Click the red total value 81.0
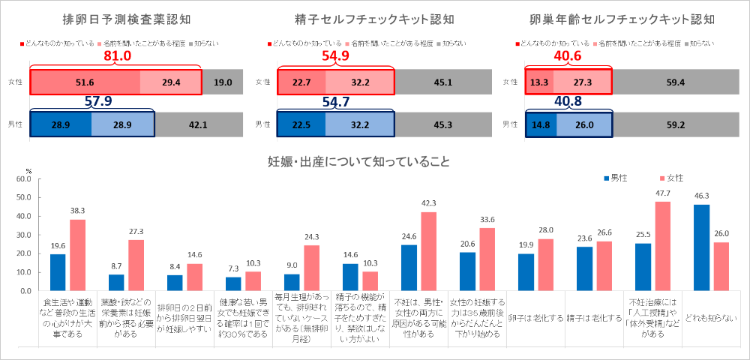(x=117, y=56)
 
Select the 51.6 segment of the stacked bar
(x=85, y=82)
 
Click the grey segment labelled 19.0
(x=223, y=82)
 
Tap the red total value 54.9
(x=334, y=56)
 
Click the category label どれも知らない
(x=709, y=318)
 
